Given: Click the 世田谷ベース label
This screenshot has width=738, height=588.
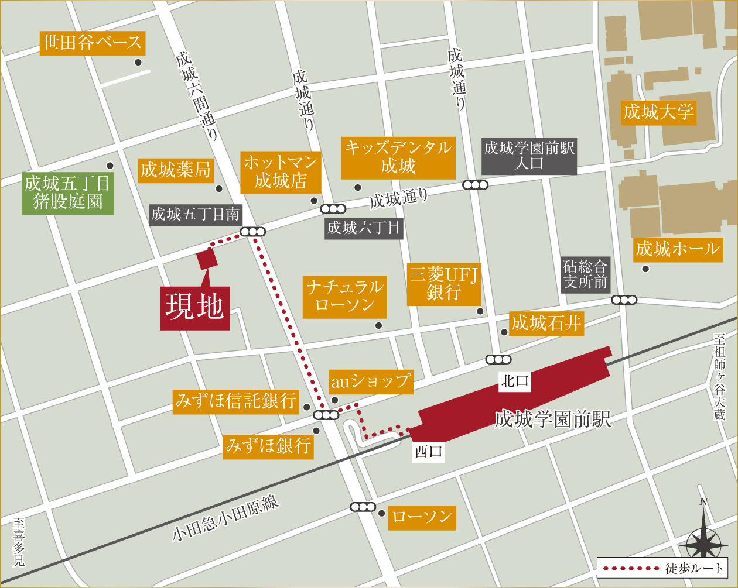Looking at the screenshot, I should pyautogui.click(x=92, y=43).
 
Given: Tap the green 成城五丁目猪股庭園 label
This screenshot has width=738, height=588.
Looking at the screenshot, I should pyautogui.click(x=67, y=193).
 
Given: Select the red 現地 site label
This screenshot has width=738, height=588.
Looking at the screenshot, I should pyautogui.click(x=194, y=308).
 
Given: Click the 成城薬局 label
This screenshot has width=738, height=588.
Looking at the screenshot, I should pyautogui.click(x=175, y=170).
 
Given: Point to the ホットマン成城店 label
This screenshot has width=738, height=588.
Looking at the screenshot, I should pyautogui.click(x=281, y=172).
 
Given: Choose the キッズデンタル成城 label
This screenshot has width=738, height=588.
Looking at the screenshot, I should pyautogui.click(x=398, y=157).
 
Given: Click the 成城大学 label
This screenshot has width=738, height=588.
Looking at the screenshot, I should pyautogui.click(x=658, y=112).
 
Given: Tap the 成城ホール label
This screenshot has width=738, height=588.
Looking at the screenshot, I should pyautogui.click(x=678, y=249).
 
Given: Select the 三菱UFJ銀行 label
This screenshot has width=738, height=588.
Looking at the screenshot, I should pyautogui.click(x=444, y=284).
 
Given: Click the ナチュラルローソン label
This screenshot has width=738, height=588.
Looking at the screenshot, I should pyautogui.click(x=344, y=297).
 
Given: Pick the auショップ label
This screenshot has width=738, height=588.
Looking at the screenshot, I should pyautogui.click(x=371, y=381).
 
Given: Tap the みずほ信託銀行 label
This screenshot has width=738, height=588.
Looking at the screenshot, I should pyautogui.click(x=236, y=401).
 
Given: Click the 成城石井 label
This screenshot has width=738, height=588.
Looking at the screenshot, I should pyautogui.click(x=546, y=323).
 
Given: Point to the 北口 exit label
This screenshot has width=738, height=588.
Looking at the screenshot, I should pyautogui.click(x=515, y=381).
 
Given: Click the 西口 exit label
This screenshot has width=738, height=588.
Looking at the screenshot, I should pyautogui.click(x=429, y=451).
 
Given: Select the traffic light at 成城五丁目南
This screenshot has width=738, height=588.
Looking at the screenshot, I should pyautogui.click(x=252, y=232).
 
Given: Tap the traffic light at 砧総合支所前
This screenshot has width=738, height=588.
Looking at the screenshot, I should pyautogui.click(x=624, y=300).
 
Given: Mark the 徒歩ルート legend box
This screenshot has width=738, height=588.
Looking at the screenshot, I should pyautogui.click(x=662, y=568).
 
